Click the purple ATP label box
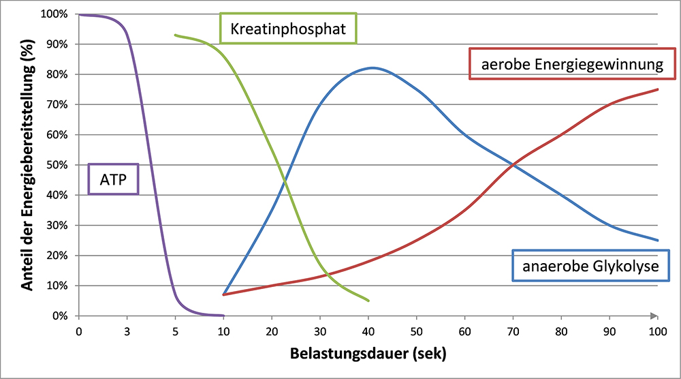point(114,179)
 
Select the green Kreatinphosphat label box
point(288,29)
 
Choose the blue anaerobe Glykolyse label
point(590,265)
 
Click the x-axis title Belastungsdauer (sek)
point(368,354)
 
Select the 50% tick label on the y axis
point(56,165)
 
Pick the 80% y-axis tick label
point(56,74)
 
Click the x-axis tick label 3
point(127,331)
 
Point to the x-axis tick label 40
point(368,331)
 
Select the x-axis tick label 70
point(513,331)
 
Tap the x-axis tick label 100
point(657,331)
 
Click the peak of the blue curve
point(372,67)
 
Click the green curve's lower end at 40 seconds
point(368,301)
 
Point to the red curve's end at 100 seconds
point(657,89)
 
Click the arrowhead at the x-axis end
point(654,316)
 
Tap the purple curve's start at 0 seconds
point(80,14)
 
